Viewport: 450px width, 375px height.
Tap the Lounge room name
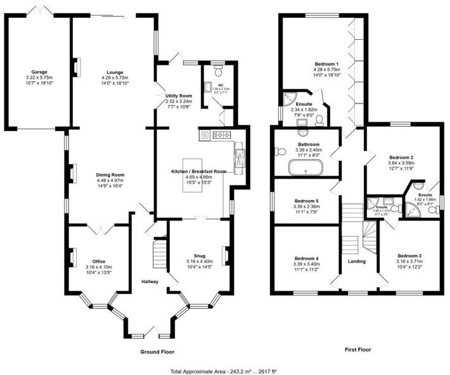115,72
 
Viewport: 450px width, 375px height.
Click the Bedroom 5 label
305,200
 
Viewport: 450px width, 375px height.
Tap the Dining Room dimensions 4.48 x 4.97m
110,180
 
